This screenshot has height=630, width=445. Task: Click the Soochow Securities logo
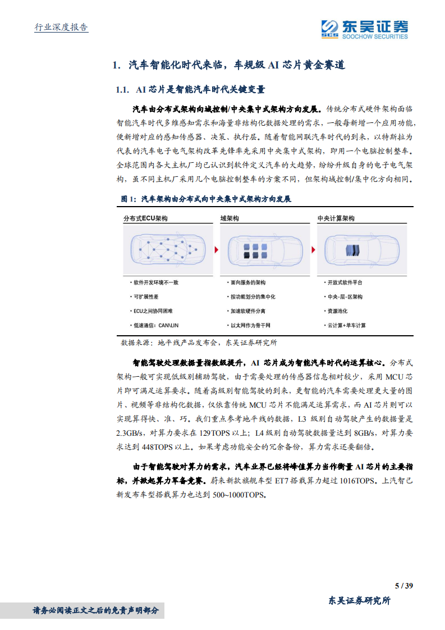(364, 29)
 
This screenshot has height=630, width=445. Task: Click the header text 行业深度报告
(61, 28)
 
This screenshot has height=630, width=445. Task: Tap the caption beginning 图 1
(206, 199)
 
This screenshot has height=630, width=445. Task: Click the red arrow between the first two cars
(216, 249)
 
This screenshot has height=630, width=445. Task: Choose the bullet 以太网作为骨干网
(250, 325)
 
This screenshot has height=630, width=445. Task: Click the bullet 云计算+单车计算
(346, 325)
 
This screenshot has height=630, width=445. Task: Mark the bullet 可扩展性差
(145, 296)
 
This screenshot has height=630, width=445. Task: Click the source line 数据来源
(199, 342)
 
